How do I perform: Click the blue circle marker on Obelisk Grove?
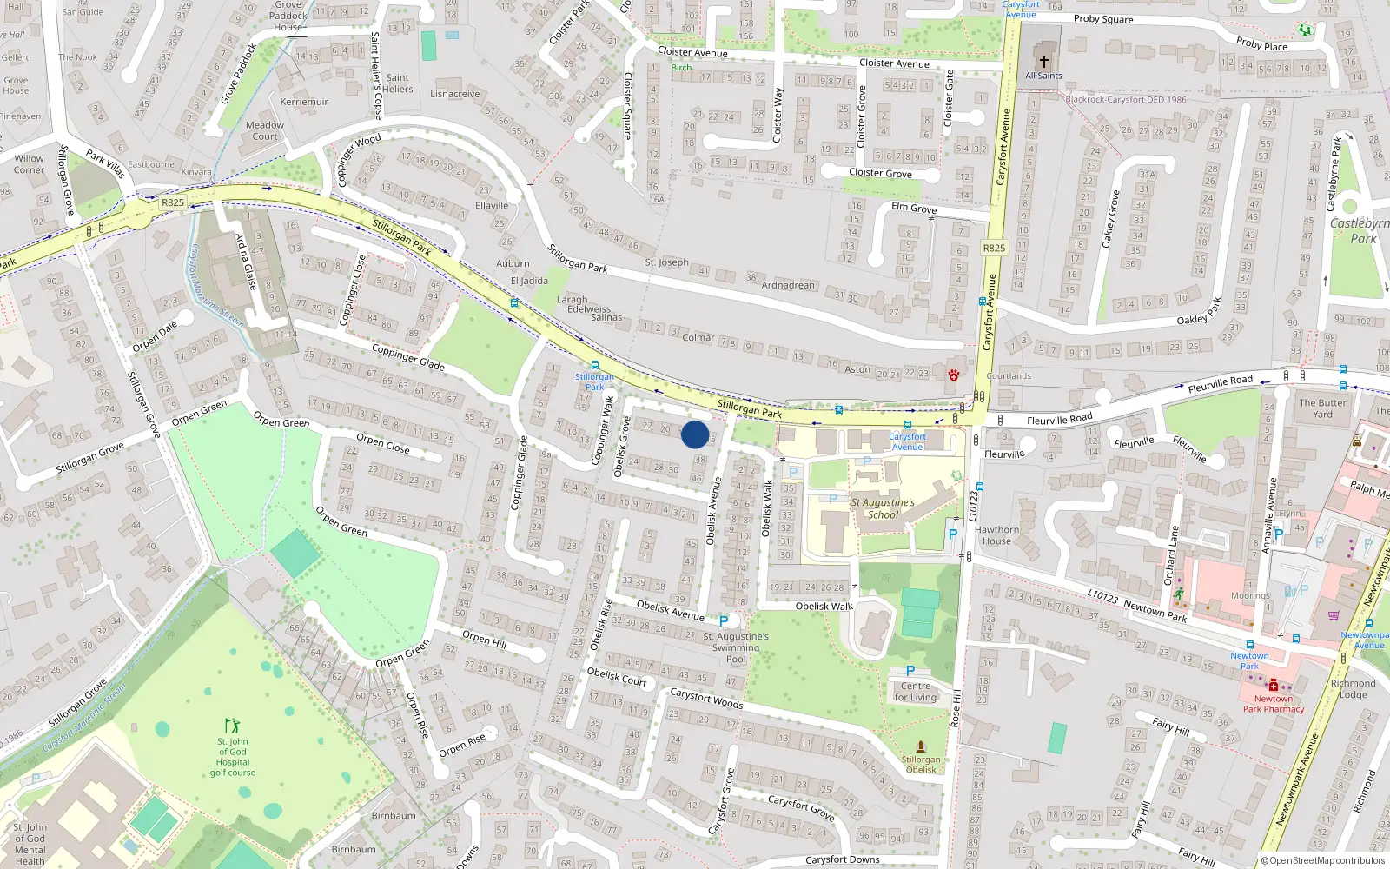[x=695, y=434]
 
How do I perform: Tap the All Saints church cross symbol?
[x=1044, y=62]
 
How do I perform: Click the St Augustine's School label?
[x=883, y=508]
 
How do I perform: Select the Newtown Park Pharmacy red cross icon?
[x=1274, y=686]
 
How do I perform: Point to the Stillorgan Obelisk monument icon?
[x=921, y=746]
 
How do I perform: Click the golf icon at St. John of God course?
[x=232, y=725]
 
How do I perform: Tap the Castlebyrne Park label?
[x=1360, y=231]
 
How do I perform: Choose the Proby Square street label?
[x=1103, y=19]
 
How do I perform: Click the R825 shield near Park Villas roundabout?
[x=173, y=202]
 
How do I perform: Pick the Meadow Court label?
[x=265, y=130]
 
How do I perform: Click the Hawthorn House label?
[x=996, y=535]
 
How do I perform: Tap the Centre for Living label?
[x=916, y=692]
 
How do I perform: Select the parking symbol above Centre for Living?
[x=910, y=671]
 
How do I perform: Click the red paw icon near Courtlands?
[x=954, y=375]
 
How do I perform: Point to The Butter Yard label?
[x=1322, y=408]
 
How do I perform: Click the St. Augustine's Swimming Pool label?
[x=736, y=647]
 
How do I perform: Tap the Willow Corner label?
[x=29, y=164]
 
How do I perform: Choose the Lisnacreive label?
[x=454, y=94]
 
